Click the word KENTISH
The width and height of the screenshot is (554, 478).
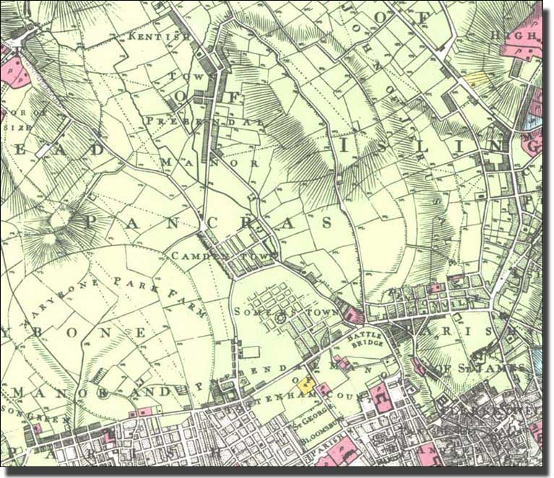160,35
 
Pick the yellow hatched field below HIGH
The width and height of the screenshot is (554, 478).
475,79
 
